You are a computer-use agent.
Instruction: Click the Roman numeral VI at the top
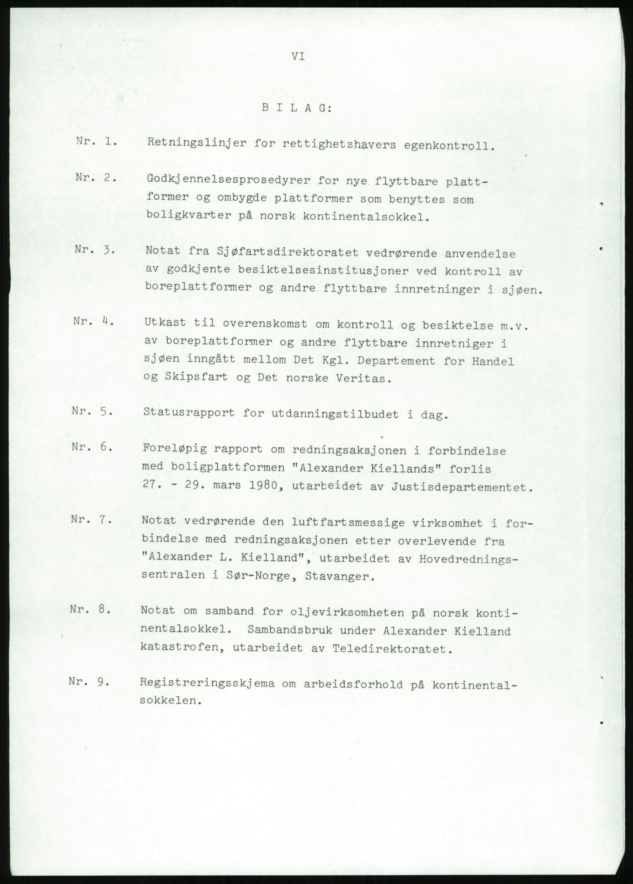pos(298,57)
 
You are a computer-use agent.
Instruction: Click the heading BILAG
pos(296,109)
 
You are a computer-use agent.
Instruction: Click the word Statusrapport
pos(189,413)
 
